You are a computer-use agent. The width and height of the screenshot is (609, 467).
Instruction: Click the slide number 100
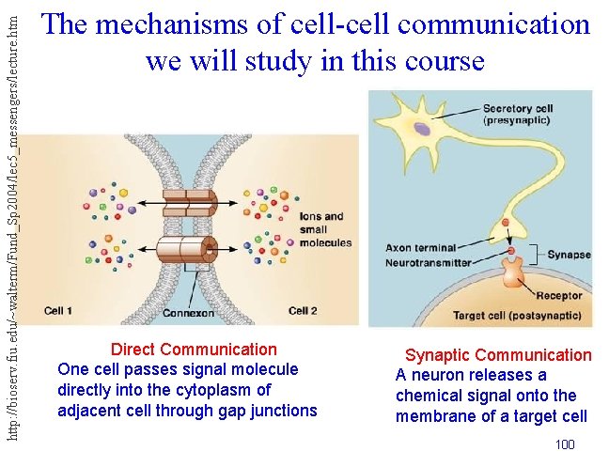point(565,444)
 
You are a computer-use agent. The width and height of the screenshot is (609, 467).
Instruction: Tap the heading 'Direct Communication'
point(194,350)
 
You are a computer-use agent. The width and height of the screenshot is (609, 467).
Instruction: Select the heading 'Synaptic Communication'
point(498,355)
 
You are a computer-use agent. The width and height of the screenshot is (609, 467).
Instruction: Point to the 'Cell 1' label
point(58,311)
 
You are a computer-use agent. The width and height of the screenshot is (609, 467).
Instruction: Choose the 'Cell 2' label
point(304,311)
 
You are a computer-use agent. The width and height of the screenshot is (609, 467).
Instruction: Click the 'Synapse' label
point(569,255)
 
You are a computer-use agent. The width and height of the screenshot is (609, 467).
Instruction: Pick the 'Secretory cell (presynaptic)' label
point(518,115)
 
